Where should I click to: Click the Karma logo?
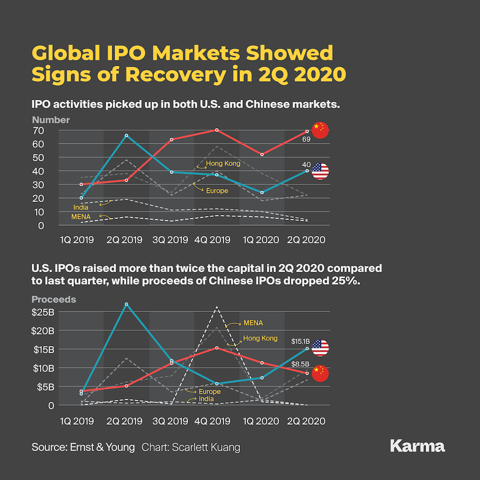pos(418,446)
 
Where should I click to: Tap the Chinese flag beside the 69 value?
pos(320,130)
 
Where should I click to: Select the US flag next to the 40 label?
pos(320,171)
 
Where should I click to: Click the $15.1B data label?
pos(301,341)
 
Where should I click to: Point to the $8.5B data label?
pos(301,365)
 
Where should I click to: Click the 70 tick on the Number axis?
pos(38,130)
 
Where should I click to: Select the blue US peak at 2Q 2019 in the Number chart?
pos(126,136)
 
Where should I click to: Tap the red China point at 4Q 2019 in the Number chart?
pos(217,130)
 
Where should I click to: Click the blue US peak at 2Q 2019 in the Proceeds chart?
pos(126,304)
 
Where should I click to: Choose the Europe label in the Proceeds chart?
pos(209,392)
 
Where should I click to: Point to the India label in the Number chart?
pos(81,207)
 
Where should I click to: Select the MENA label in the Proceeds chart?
pos(253,323)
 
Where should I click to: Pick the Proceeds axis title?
pos(54,299)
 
